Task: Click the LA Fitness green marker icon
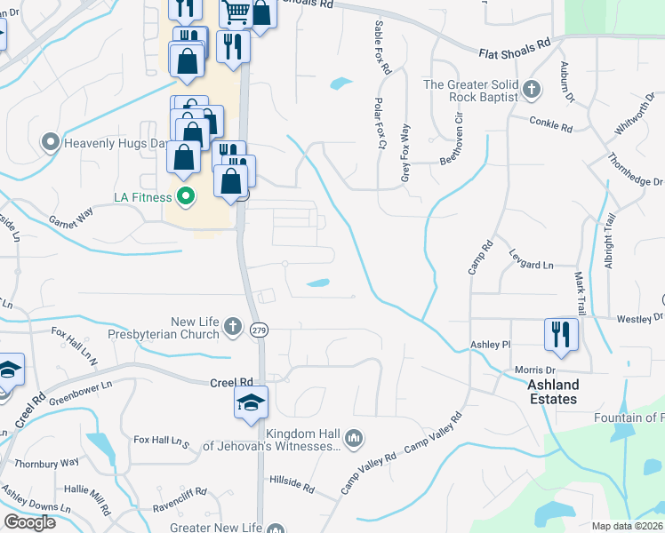[x=185, y=196]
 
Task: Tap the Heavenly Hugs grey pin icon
[x=50, y=141]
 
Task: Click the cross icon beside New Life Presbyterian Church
[x=232, y=326]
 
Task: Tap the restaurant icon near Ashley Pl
[x=561, y=334]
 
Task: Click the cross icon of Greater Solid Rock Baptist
[x=531, y=90]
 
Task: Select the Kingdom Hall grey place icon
[x=354, y=437]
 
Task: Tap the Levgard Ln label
[x=531, y=265]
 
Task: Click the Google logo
[x=30, y=522]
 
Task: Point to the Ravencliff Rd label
[x=180, y=489]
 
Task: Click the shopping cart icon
[x=236, y=11]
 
